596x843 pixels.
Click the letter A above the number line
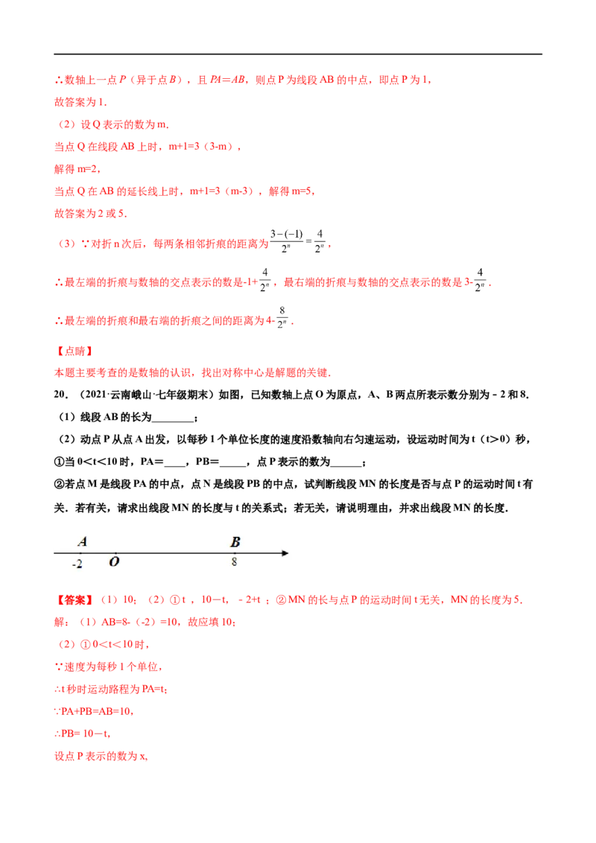83,542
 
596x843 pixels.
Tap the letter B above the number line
235,542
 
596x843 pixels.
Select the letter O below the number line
114,562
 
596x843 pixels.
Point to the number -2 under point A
77,564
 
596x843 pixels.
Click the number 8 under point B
234,562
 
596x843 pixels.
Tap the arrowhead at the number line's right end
285,553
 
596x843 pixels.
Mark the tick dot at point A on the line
82,553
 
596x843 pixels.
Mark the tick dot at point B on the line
235,553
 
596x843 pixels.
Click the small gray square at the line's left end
50,553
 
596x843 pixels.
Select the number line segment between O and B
176,553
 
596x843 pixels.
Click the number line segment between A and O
99,553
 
